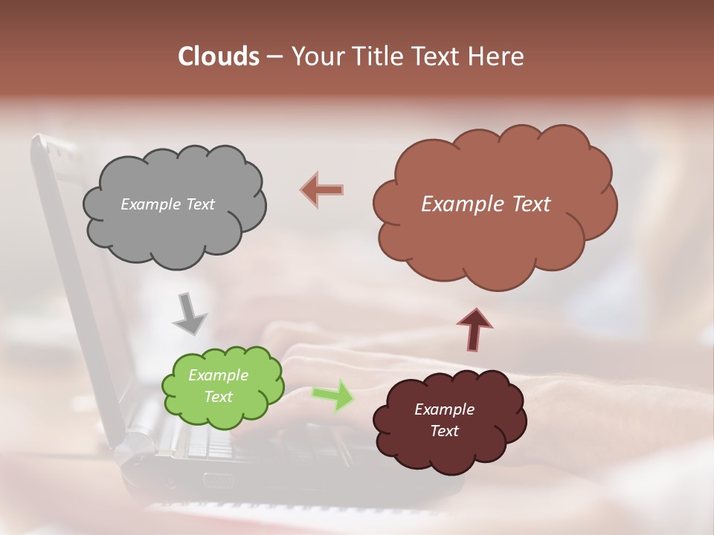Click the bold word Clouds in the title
219,56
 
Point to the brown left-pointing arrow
322,190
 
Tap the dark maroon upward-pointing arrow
474,329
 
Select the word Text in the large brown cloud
530,204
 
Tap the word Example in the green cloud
218,375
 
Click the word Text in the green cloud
218,397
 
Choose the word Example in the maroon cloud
444,409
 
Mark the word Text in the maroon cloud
444,431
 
